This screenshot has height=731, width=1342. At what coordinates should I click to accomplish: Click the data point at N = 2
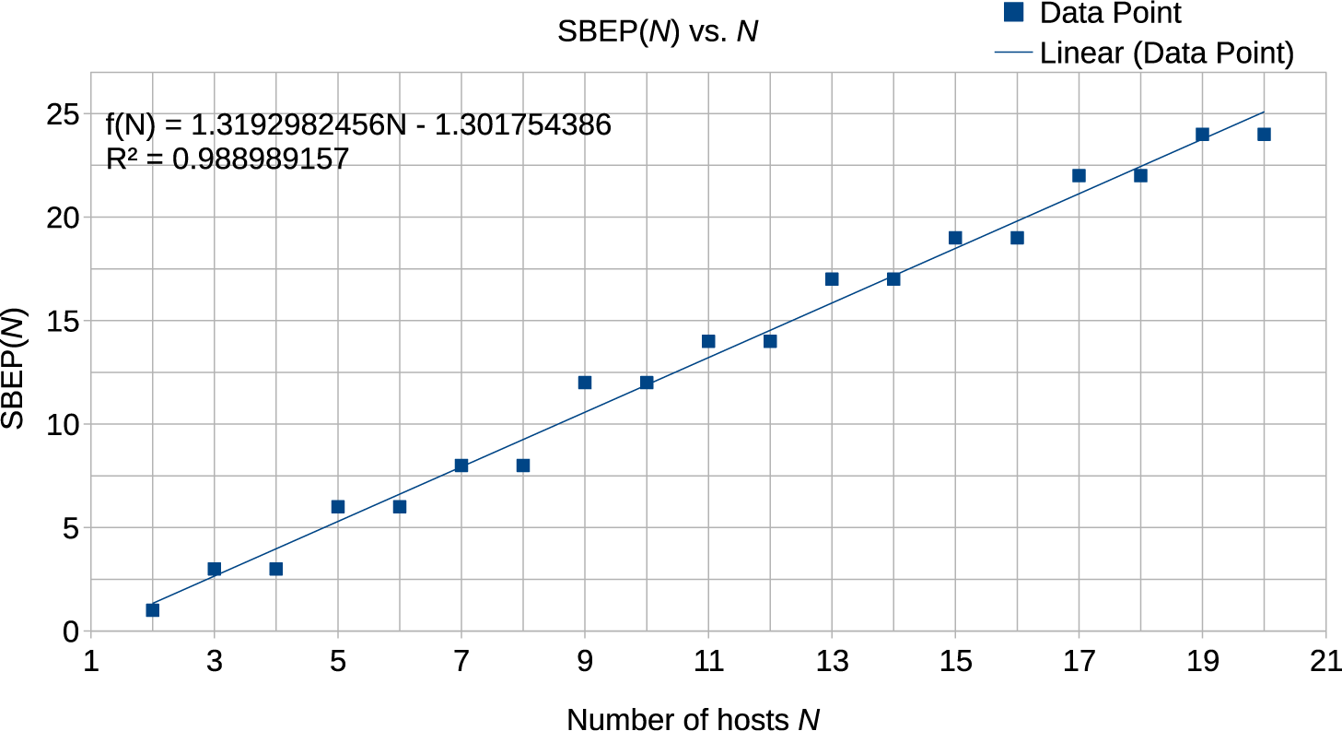tap(152, 610)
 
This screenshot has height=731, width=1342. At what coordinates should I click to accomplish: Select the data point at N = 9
tap(584, 383)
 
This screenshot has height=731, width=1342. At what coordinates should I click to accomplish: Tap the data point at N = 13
tap(832, 279)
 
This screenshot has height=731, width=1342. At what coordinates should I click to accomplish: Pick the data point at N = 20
tap(1264, 135)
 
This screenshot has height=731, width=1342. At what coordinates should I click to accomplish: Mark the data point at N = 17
tap(1079, 175)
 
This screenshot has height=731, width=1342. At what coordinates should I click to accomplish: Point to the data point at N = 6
tap(399, 507)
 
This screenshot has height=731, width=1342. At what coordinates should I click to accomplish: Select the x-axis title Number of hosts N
tap(693, 718)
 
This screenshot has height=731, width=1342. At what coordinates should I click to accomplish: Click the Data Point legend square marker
tap(1013, 12)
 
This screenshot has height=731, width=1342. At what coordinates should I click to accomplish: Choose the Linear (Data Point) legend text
tap(1166, 53)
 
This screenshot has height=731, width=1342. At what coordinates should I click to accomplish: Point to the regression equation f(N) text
tap(359, 125)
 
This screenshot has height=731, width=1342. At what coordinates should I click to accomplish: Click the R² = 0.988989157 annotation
tap(228, 159)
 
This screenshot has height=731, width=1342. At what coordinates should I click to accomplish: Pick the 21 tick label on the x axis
tap(1325, 661)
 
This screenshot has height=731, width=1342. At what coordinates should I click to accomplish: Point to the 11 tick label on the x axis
tap(707, 661)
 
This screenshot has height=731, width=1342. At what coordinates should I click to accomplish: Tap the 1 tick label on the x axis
tap(90, 661)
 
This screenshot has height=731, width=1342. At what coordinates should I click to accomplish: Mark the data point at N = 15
tap(955, 238)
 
